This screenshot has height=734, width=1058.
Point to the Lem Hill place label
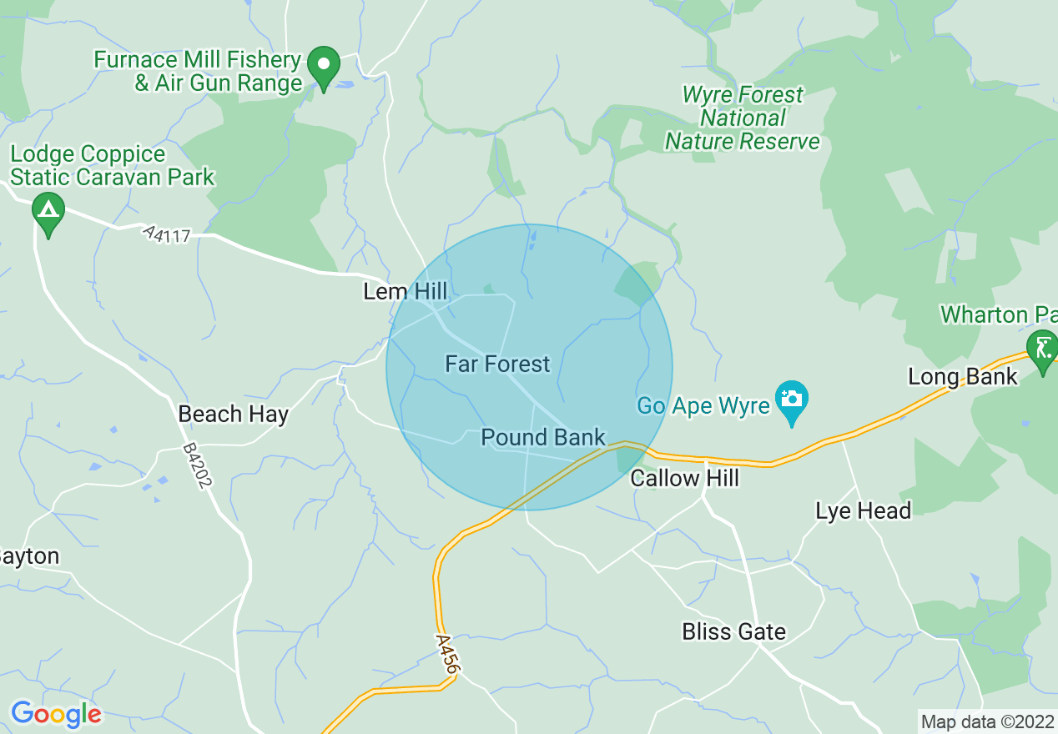coord(406,292)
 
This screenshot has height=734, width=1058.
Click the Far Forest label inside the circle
coord(497,364)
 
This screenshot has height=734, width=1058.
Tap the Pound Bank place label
coord(542,438)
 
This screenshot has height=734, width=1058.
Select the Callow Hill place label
coord(684,478)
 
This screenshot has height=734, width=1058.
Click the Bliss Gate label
coord(733,631)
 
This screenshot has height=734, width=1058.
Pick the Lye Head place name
coord(863,510)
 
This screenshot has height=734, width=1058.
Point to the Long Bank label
coord(963,376)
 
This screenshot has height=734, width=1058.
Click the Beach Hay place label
coord(234,415)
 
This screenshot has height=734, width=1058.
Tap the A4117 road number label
coord(166,234)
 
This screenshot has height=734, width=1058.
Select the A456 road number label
coord(447,653)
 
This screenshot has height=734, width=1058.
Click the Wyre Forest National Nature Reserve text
coord(742,118)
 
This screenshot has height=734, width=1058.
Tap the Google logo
coord(56,714)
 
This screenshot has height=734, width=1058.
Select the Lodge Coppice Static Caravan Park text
coord(112,165)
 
